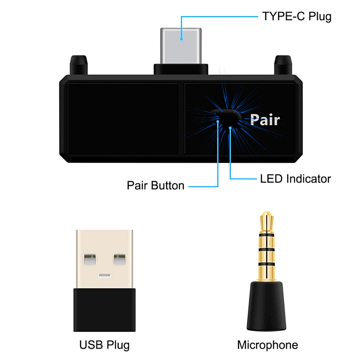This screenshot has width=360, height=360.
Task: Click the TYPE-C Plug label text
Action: [x=296, y=17]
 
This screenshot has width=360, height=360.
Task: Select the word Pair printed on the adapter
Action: [x=265, y=120]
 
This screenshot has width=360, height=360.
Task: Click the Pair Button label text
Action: [x=156, y=186]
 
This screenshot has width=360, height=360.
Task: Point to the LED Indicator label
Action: [x=295, y=179]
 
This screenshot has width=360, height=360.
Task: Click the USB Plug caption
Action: [x=104, y=345]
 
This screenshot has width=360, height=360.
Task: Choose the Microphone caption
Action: [x=267, y=345]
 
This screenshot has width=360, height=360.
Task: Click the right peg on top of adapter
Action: [x=283, y=64]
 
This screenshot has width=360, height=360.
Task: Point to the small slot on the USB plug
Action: [x=104, y=276]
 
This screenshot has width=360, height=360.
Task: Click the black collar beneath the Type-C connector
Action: [x=181, y=69]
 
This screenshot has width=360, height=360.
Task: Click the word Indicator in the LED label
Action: [x=309, y=179]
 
